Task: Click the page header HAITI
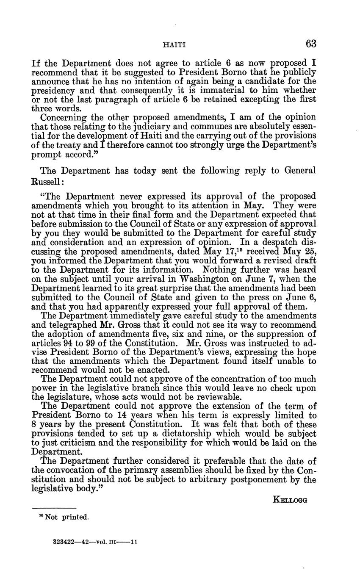click(x=174, y=44)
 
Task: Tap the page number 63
click(x=310, y=44)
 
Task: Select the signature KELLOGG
click(x=290, y=500)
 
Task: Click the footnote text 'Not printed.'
click(x=66, y=517)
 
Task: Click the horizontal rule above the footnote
click(x=54, y=508)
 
